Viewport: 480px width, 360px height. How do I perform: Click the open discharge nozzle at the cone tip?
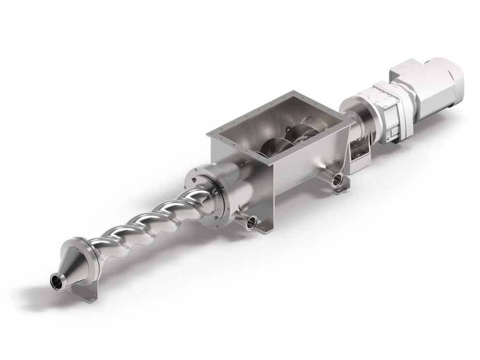[x=58, y=280]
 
